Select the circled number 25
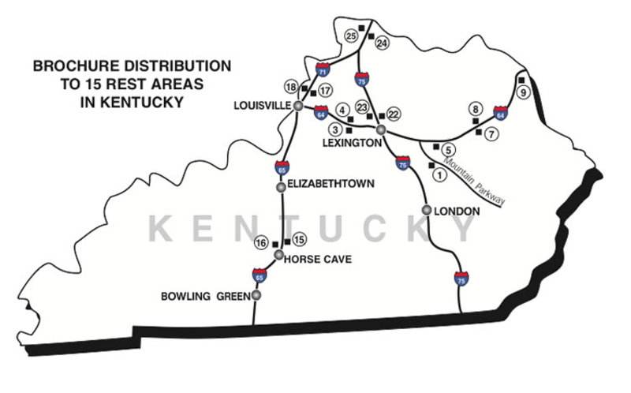(x=352, y=35)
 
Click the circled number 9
(x=521, y=92)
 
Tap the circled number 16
(x=261, y=244)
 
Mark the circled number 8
(x=475, y=108)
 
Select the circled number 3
(x=335, y=129)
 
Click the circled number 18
(x=291, y=87)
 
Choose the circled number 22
(x=394, y=114)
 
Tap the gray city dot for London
(x=427, y=210)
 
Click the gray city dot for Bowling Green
(x=256, y=295)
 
